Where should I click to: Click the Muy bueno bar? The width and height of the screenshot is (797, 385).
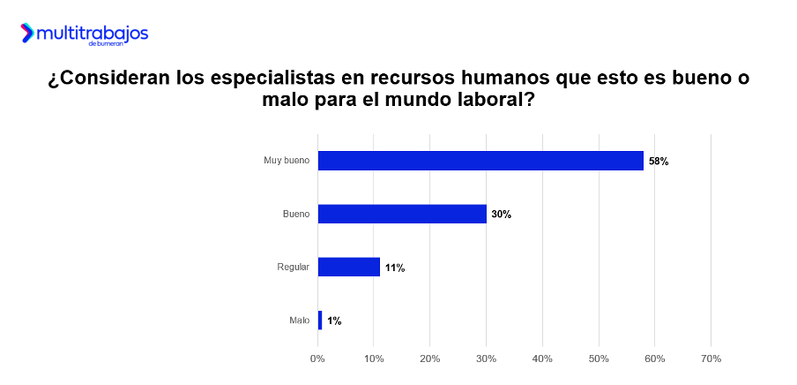pos(480,161)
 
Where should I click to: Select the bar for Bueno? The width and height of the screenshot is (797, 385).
pos(402,214)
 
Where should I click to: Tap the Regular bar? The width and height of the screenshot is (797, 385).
pos(348,267)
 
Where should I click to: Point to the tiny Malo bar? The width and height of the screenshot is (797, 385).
pos(320,320)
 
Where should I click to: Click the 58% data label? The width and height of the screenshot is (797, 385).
pos(659,162)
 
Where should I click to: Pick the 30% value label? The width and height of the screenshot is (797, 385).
pos(502,215)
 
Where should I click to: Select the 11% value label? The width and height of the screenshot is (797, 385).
pos(394,268)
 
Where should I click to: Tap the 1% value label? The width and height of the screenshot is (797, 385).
pos(334,321)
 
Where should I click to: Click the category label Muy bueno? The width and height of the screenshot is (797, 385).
pos(287,161)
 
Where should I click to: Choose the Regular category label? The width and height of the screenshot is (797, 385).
pos(294,267)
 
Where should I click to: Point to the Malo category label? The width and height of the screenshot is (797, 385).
pos(299,320)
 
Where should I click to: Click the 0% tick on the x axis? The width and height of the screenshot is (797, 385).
pos(317,359)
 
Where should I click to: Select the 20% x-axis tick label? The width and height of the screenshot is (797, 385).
pos(429,359)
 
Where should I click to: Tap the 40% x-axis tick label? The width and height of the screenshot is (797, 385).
pos(542,359)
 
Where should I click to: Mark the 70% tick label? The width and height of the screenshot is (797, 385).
pos(711,359)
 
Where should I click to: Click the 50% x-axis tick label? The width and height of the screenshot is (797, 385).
pos(599,359)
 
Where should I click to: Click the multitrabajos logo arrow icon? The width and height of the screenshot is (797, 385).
pos(28,34)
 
